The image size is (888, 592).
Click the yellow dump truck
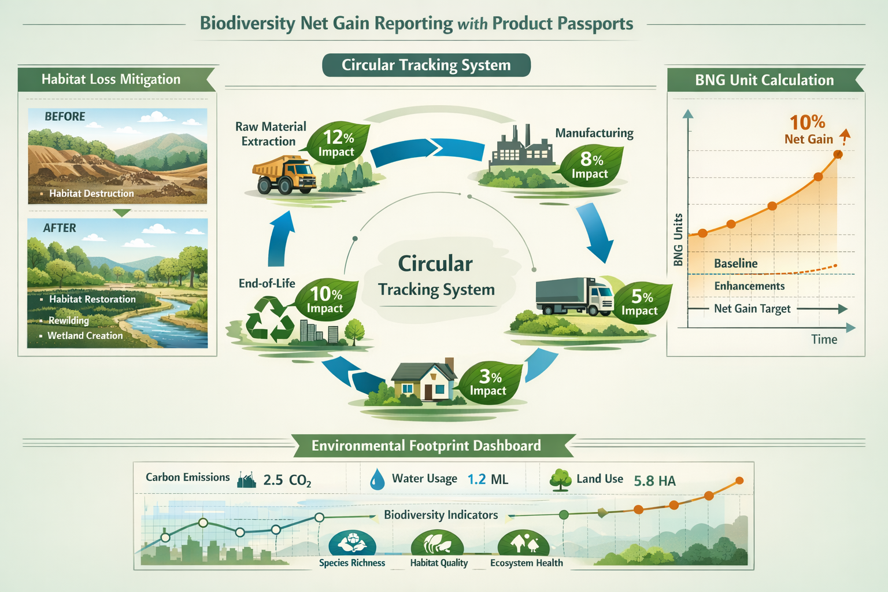pyautogui.click(x=285, y=175)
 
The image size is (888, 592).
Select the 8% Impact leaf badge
pyautogui.click(x=590, y=165)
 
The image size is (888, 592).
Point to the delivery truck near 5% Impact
pyautogui.click(x=574, y=297)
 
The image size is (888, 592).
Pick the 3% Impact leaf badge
pyautogui.click(x=489, y=383)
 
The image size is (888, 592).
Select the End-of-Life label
pyautogui.click(x=267, y=283)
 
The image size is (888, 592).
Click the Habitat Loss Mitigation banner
pyautogui.click(x=111, y=79)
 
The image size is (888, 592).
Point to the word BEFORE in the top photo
pyautogui.click(x=65, y=116)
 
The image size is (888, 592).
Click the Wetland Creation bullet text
pyautogui.click(x=85, y=335)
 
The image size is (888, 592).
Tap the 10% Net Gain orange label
pyautogui.click(x=808, y=129)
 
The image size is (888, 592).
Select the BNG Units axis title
pyautogui.click(x=679, y=239)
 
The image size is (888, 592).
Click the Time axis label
pyautogui.click(x=824, y=339)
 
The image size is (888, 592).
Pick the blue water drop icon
pyautogui.click(x=377, y=479)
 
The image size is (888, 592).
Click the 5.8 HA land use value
pyautogui.click(x=654, y=480)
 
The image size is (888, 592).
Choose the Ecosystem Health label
pyautogui.click(x=526, y=563)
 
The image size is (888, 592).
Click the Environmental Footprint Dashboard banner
pyautogui.click(x=426, y=446)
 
